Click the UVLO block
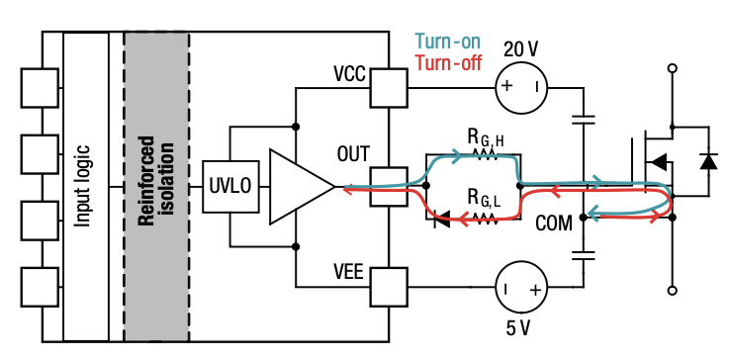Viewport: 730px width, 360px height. tap(228, 186)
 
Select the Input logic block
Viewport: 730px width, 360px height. tap(85, 186)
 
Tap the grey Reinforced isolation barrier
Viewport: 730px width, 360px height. tap(156, 186)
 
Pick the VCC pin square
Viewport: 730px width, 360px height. tap(388, 88)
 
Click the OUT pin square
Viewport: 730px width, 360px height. tap(388, 186)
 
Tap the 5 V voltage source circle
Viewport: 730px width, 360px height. tap(520, 289)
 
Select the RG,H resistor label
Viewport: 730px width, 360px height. tap(485, 135)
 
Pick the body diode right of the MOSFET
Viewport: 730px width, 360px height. tap(707, 159)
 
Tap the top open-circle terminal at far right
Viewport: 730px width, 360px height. tap(673, 70)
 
